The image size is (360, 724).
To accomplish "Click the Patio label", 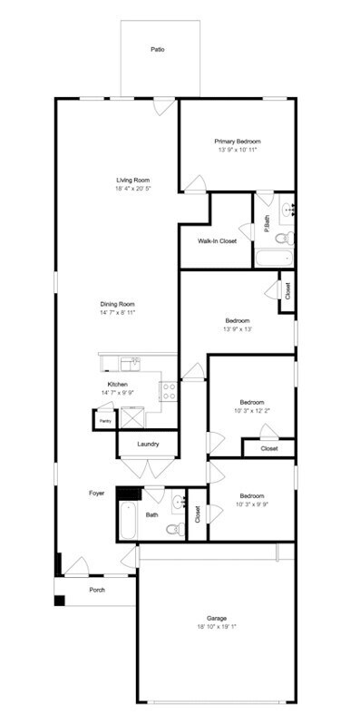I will coord(158,50).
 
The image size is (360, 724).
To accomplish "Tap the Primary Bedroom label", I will coord(238,142).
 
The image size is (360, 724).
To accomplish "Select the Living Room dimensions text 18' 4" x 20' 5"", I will coord(132,189).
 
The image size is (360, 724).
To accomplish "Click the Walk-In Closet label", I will coord(218,240).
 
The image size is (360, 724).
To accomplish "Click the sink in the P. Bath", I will coord(288,210).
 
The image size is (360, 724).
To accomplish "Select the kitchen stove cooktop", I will coord(168,391).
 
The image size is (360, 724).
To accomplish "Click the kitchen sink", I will coord(131,364).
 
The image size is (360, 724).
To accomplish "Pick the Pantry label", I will coord(105,422).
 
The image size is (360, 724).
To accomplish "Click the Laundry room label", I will coord(149,444).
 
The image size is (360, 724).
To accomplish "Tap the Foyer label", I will coord(96,493).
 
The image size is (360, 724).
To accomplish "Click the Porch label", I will coord(96,590).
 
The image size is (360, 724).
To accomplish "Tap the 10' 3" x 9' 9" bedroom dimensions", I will coord(252,505).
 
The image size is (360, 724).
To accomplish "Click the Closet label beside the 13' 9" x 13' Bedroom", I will coord(287,291).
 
